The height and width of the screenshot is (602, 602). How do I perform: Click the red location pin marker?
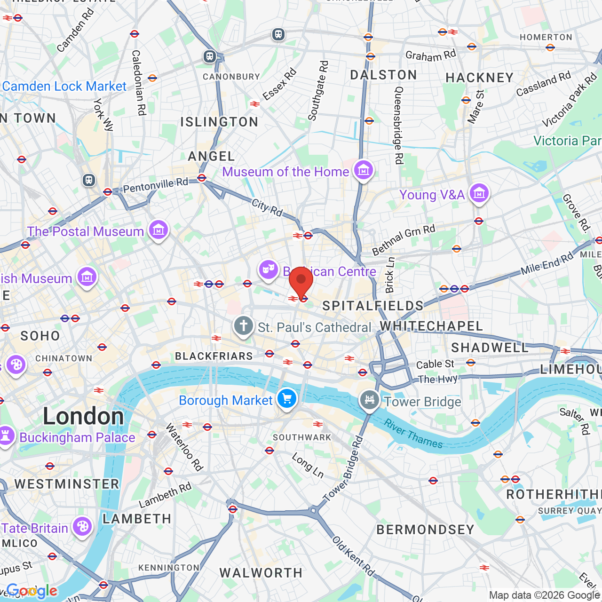point(301,281)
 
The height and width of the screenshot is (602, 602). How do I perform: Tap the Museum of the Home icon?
point(364,170)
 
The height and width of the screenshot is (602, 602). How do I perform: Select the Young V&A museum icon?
point(479,193)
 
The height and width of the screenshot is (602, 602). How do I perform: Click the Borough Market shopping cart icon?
point(286,399)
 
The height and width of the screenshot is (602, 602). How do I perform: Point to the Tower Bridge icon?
point(370,400)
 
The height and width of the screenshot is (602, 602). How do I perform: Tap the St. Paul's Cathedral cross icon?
point(244,326)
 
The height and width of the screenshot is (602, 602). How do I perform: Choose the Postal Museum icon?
point(158,230)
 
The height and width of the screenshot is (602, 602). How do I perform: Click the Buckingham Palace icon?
point(6,436)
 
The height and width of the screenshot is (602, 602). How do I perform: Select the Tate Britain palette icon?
point(82,527)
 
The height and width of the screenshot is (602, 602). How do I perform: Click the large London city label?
point(83,416)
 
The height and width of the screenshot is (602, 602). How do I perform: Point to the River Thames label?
point(413,434)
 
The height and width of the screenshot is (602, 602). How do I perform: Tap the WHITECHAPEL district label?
point(431,326)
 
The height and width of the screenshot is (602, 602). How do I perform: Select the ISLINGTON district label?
point(219,122)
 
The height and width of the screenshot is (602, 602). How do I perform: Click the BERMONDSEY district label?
point(425,530)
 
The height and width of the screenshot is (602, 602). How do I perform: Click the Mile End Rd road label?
point(547,264)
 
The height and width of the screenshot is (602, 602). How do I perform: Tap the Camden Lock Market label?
point(64,86)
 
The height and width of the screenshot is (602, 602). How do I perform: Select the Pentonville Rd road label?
point(155,185)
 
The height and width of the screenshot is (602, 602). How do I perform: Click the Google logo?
point(32,591)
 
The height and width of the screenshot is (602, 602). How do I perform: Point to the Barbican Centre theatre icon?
point(268,270)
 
